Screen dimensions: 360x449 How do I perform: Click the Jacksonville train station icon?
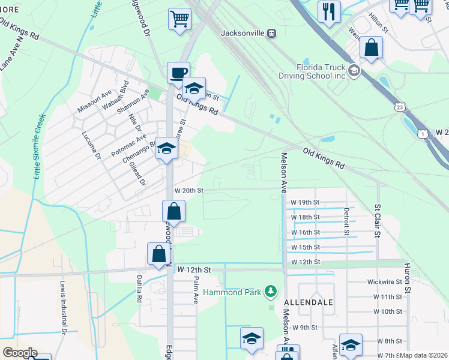click(272, 34)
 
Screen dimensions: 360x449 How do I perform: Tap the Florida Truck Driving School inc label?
click(313, 71)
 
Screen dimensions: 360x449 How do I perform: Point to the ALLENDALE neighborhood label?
click(309, 302)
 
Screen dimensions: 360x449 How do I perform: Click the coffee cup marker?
click(178, 73)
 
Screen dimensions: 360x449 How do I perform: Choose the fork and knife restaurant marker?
click(329, 11)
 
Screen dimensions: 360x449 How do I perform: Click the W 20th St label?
click(189, 190)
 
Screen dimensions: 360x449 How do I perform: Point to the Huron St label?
click(407, 278)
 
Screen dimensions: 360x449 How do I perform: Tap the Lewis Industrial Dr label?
click(62, 305)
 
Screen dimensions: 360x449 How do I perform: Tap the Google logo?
click(20, 353)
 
